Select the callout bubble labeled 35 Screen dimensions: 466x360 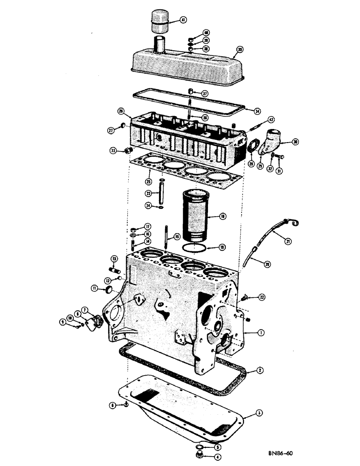pos(240,49)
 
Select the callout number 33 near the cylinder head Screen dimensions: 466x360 pos(112,151)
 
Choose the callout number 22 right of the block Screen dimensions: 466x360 pos(263,297)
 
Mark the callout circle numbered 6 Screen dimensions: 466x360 pos(113,406)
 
